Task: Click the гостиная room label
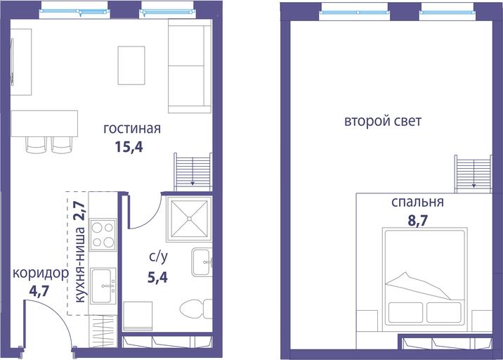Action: point(132,129)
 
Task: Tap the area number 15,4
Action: point(129,147)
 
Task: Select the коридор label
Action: point(41,274)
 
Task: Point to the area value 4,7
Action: point(39,291)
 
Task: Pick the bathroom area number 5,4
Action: point(157,277)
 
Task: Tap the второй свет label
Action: point(383,122)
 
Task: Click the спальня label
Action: point(418,202)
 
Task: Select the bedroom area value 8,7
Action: point(418,221)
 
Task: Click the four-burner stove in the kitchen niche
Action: point(103,235)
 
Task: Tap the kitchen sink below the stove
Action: point(103,285)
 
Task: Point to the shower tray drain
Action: point(189,219)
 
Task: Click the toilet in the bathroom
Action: point(196,309)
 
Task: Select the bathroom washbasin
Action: point(202,262)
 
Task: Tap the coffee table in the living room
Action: point(131,65)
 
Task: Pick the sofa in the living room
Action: point(190,66)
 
